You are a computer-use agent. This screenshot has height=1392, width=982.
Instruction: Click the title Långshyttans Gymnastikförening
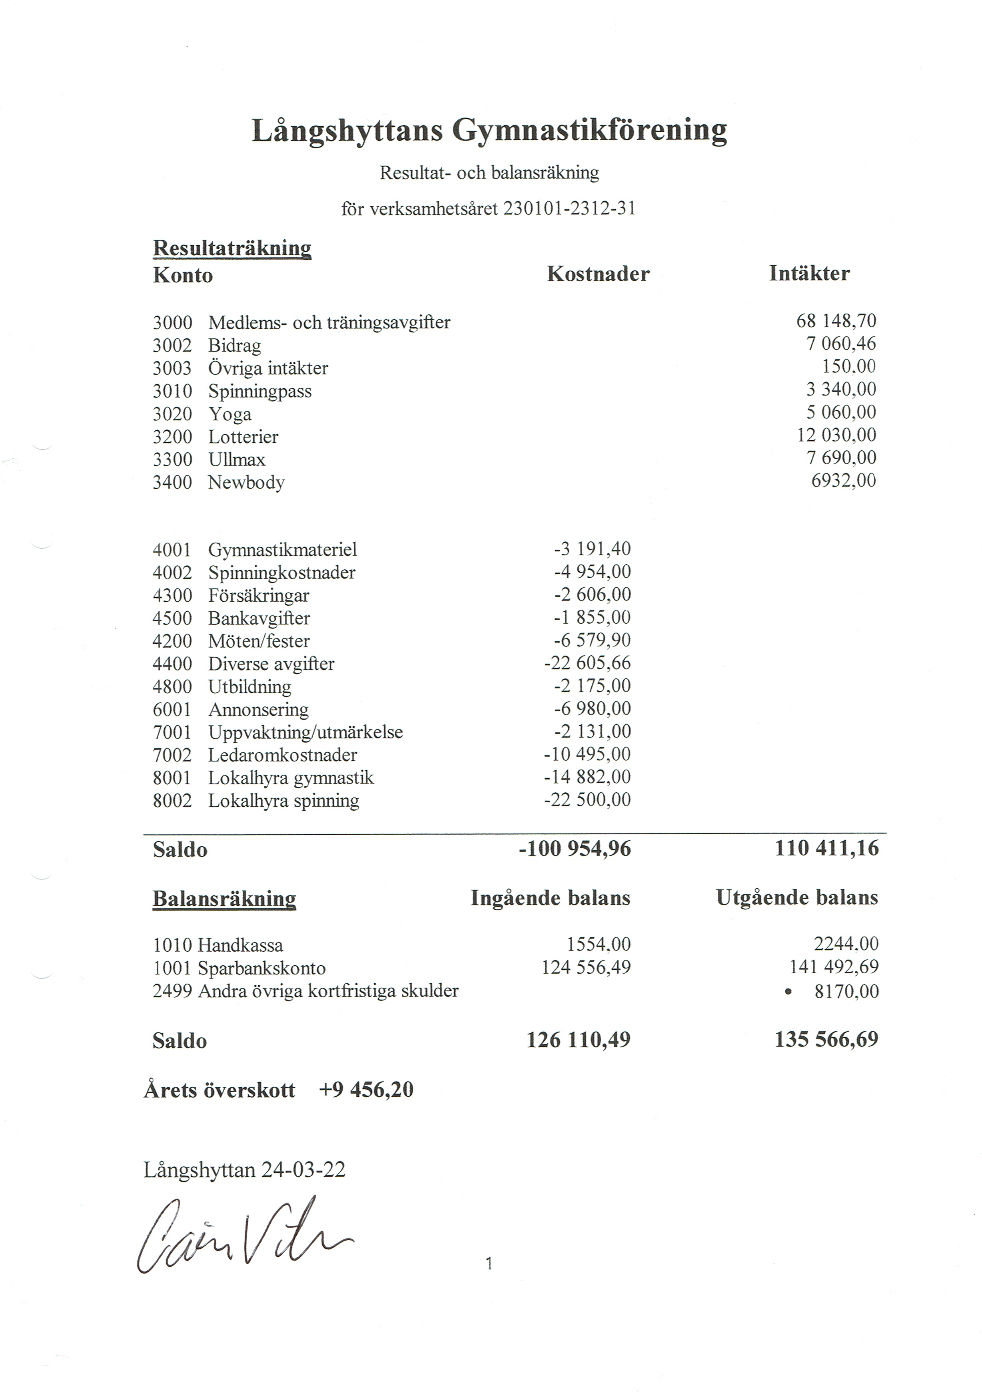(x=489, y=130)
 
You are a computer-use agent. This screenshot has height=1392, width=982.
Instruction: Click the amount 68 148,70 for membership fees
(x=836, y=321)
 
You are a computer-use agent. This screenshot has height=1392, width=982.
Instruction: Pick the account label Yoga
(x=230, y=414)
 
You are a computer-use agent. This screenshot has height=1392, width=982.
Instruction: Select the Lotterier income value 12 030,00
(x=836, y=435)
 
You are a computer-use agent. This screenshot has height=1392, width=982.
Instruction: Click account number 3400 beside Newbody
(x=172, y=483)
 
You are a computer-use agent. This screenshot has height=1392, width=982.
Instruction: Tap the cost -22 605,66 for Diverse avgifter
(x=587, y=663)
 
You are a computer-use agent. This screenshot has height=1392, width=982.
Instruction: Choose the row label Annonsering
(x=258, y=709)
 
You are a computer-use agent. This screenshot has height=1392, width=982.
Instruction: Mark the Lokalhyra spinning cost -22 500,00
(x=587, y=799)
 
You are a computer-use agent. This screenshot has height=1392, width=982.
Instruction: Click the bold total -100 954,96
(x=575, y=849)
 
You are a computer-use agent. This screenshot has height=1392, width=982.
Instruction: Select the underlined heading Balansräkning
(x=224, y=899)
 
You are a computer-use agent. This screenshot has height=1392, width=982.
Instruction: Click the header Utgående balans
(x=796, y=898)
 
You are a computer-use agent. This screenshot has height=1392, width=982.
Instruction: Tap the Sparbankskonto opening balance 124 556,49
(x=585, y=967)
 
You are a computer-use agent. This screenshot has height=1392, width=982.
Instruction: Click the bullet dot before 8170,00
(x=788, y=992)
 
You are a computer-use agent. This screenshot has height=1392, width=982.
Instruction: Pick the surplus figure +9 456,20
(x=366, y=1090)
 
